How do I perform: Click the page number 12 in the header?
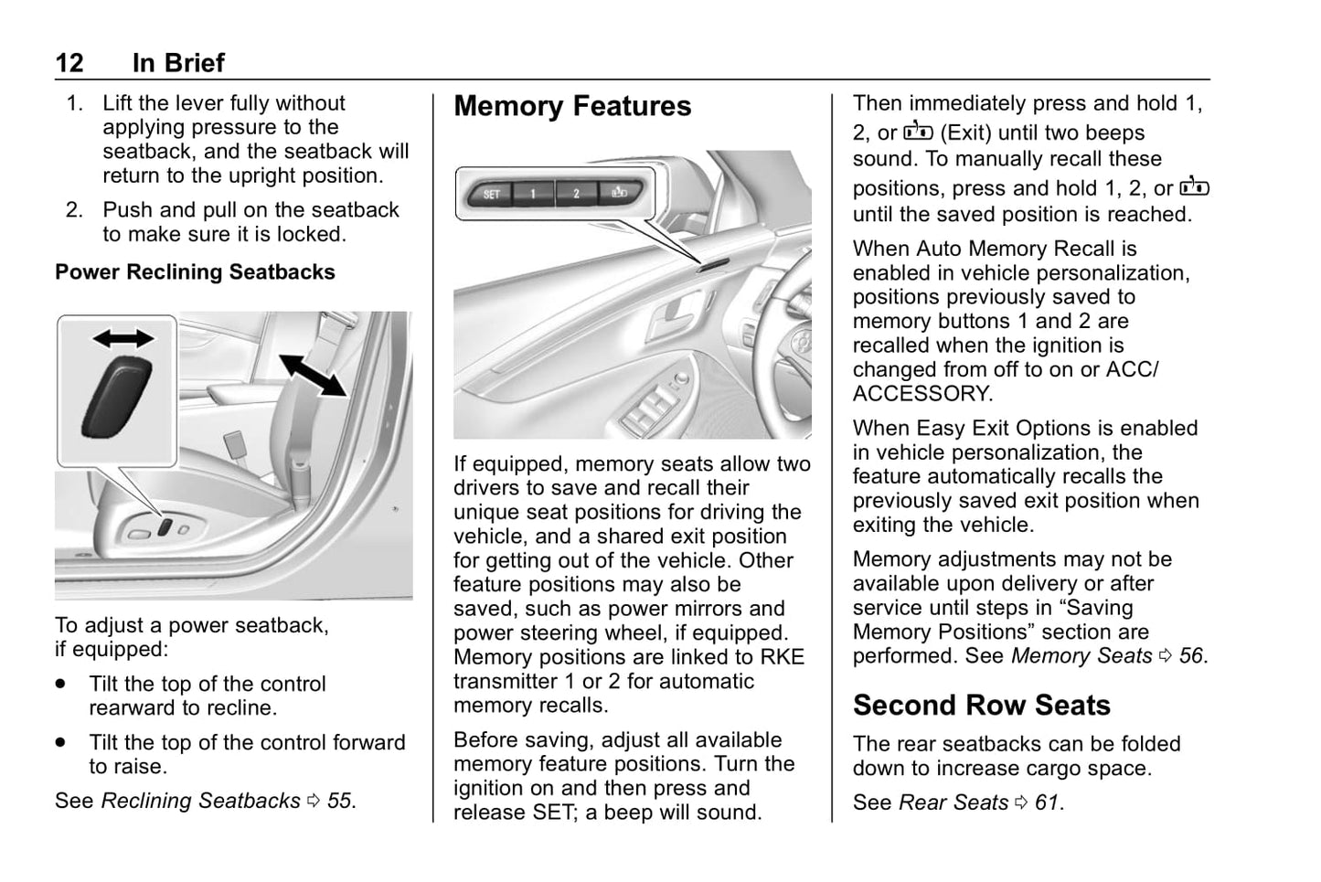pyautogui.click(x=69, y=63)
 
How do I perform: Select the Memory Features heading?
pyautogui.click(x=572, y=106)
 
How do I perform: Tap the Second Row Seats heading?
pyautogui.click(x=981, y=705)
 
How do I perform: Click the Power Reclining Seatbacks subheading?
pyautogui.click(x=195, y=272)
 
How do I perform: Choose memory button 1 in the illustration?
pyautogui.click(x=533, y=194)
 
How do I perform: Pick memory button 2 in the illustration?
pyautogui.click(x=576, y=194)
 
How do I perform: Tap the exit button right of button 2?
pyautogui.click(x=619, y=193)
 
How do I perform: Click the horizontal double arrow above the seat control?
pyautogui.click(x=123, y=339)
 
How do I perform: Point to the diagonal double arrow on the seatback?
pyautogui.click(x=313, y=376)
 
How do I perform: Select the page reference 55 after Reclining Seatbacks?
pyautogui.click(x=338, y=801)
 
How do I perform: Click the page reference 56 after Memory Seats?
pyautogui.click(x=1190, y=656)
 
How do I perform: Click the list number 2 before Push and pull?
pyautogui.click(x=73, y=210)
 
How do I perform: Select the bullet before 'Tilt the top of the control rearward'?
pyautogui.click(x=61, y=684)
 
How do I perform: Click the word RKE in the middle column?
pyautogui.click(x=783, y=657)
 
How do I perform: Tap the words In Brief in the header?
pyautogui.click(x=178, y=63)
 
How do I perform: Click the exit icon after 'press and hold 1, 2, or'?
pyautogui.click(x=1194, y=187)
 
